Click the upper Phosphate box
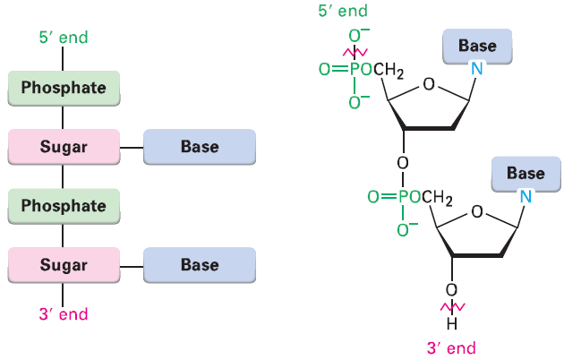(x=64, y=88)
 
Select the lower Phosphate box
(x=64, y=206)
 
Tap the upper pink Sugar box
(x=64, y=147)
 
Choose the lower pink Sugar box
(x=64, y=265)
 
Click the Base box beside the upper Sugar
(x=200, y=147)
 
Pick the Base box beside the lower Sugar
(x=200, y=265)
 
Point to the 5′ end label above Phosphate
(x=63, y=39)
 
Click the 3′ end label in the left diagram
(x=63, y=315)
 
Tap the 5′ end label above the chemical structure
(x=343, y=12)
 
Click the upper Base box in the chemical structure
(x=477, y=46)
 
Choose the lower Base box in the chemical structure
(x=526, y=173)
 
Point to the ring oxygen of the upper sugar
(x=428, y=86)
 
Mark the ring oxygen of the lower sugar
(x=475, y=212)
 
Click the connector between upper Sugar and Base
(x=131, y=147)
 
